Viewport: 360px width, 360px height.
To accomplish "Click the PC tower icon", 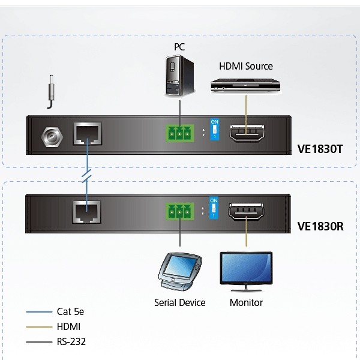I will [179, 75].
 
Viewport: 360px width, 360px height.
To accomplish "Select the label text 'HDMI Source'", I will [245, 66].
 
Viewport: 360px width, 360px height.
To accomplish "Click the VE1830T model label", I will [320, 148].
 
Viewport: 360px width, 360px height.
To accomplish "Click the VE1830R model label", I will [320, 226].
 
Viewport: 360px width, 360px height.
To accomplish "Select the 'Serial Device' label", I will [179, 302].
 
